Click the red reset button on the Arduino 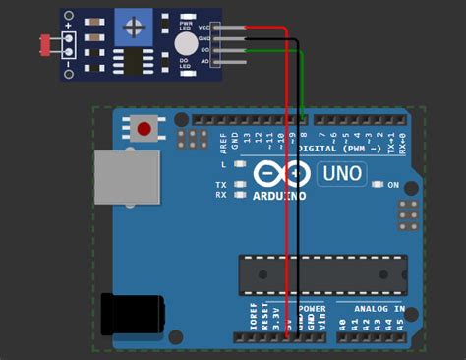(145, 128)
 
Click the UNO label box (341, 175)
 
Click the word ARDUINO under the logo (279, 195)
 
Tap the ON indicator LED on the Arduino (379, 185)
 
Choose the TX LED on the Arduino (221, 185)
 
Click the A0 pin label (342, 323)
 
